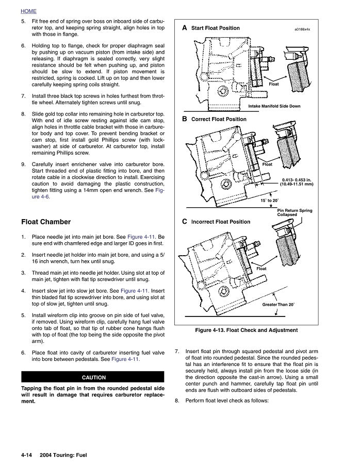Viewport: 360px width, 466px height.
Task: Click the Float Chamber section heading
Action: coord(46,222)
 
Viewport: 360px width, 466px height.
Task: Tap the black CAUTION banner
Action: coord(93,377)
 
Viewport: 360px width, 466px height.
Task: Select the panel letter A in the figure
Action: coord(184,28)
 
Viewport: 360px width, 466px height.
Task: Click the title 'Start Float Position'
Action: coord(215,28)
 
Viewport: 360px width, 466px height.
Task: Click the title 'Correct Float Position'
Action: coord(219,119)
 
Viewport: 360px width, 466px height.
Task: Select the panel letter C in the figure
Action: coord(184,222)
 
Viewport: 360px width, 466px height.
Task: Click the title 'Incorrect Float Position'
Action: coord(221,222)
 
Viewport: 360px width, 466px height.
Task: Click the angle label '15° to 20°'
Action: coord(269,200)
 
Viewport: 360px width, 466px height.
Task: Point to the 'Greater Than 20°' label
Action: coord(278,305)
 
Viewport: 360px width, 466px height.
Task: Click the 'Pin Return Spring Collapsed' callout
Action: coord(294,212)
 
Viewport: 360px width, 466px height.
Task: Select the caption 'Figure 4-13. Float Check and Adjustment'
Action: coord(246,330)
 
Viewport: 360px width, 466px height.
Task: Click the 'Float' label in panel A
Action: coord(274,84)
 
